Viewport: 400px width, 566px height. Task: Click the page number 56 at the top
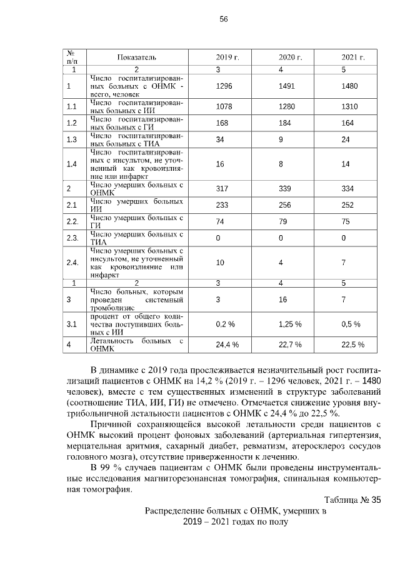click(224, 19)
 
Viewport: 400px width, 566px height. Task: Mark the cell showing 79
click(282, 221)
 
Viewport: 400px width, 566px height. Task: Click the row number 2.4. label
click(72, 263)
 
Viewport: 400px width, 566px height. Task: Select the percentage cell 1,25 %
click(290, 324)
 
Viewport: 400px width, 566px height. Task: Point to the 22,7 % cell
click(290, 345)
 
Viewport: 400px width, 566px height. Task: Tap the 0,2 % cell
click(224, 324)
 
